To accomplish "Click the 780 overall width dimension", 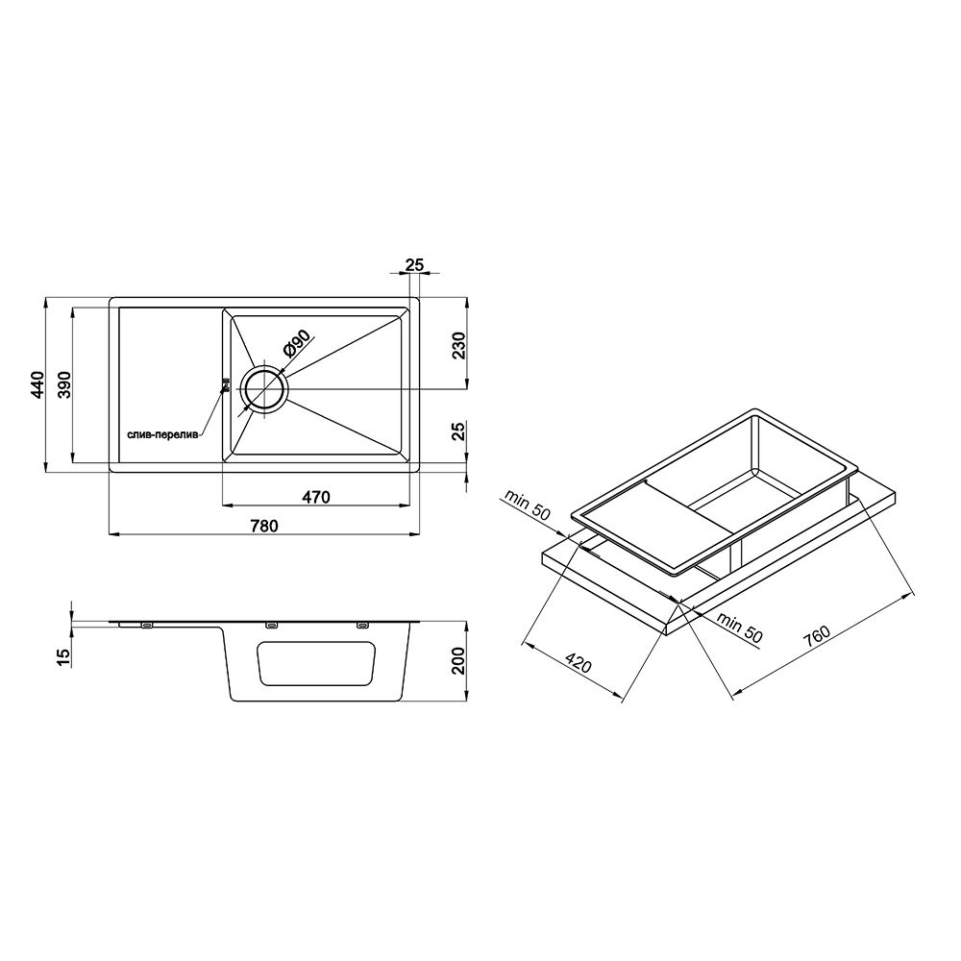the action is (x=264, y=526).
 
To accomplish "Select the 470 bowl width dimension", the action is (x=315, y=497).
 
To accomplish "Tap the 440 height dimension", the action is (x=37, y=385).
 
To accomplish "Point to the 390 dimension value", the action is (x=64, y=385).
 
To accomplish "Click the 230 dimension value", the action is (x=459, y=346).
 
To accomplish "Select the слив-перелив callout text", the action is (x=162, y=434).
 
